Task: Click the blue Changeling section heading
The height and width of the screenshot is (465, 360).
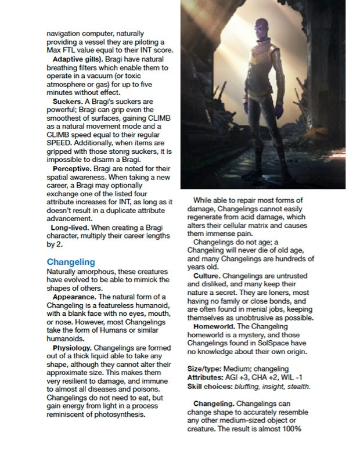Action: click(x=71, y=262)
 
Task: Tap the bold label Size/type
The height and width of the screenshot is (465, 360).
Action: click(x=204, y=369)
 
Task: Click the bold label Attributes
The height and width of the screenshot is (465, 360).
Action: click(x=207, y=377)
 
